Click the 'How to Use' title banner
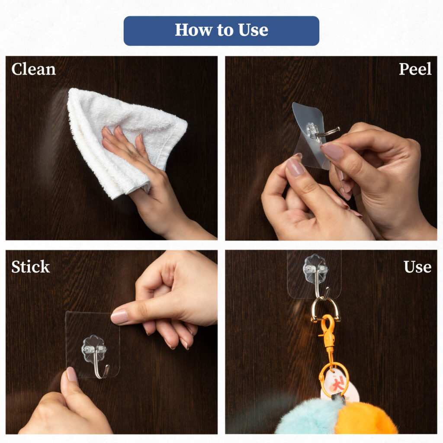click(221, 31)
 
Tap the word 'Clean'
click(34, 69)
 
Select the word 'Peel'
click(415, 69)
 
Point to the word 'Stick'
click(31, 266)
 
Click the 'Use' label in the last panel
click(417, 266)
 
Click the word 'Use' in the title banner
click(253, 30)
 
